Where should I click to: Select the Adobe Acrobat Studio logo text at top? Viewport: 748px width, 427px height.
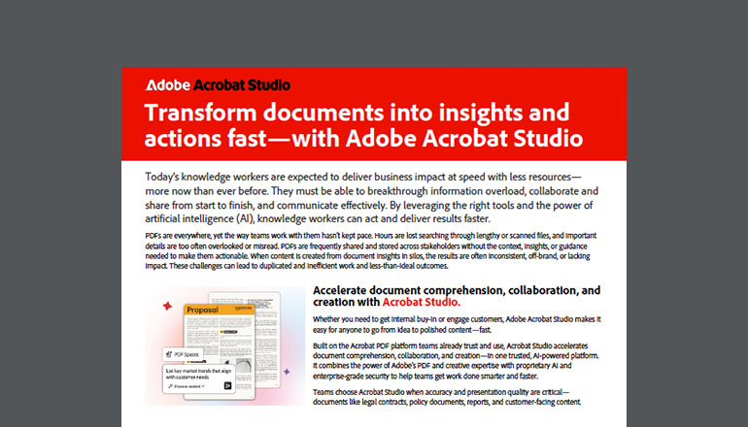[x=217, y=84]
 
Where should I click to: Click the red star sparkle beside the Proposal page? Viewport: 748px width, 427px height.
[x=166, y=306]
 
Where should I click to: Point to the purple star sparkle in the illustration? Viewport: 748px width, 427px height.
[x=289, y=371]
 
